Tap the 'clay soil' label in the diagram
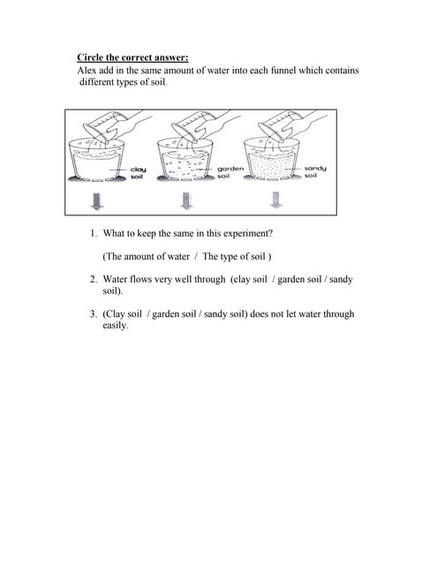138,172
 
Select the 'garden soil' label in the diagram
230,172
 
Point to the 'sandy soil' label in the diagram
315,172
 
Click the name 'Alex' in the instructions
88,71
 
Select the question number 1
93,235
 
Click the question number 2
93,280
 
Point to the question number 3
93,314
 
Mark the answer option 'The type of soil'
236,257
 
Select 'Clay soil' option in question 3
125,314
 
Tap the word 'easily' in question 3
115,326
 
